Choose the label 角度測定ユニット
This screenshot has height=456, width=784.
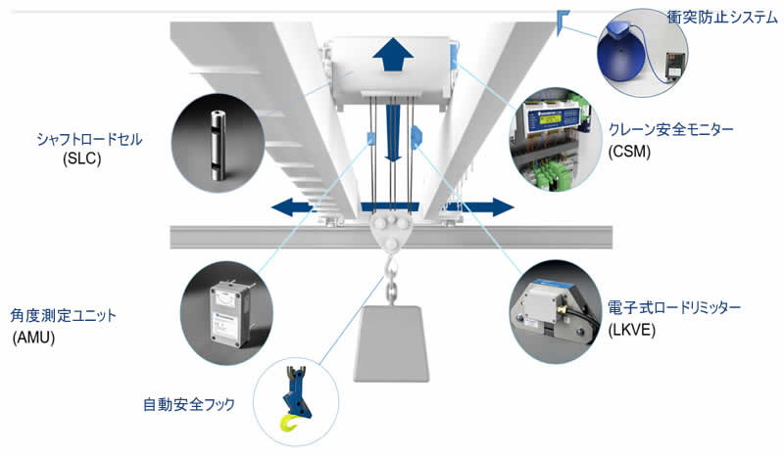(x=64, y=315)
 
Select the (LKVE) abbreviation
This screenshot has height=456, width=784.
(x=633, y=330)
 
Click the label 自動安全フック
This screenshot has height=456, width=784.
(x=189, y=403)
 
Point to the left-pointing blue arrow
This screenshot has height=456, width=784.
(x=300, y=206)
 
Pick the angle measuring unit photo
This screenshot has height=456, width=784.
(x=228, y=310)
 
